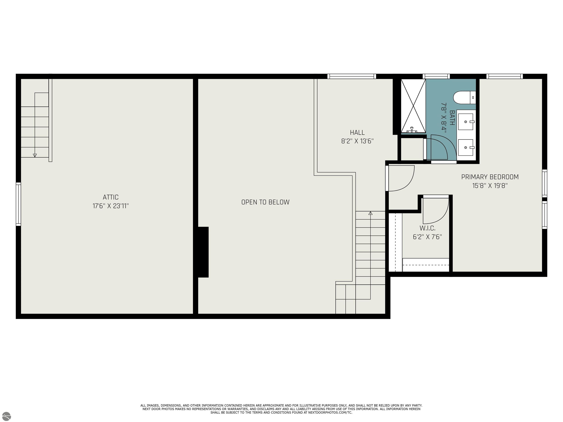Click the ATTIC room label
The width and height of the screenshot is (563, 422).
coord(111,197)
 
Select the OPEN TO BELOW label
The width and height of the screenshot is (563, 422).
coord(266,202)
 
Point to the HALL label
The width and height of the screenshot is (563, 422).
coord(357,133)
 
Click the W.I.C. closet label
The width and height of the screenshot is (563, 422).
coord(427,228)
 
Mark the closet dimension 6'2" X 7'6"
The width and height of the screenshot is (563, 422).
coord(427,237)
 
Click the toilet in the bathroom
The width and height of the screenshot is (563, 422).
coord(465,98)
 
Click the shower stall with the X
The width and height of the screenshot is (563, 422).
coord(413,106)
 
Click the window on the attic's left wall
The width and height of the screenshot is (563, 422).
coord(18,204)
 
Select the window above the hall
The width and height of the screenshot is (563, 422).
coord(352,76)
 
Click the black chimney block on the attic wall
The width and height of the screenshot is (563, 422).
coord(203,252)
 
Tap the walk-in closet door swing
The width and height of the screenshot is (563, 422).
coord(435,211)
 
